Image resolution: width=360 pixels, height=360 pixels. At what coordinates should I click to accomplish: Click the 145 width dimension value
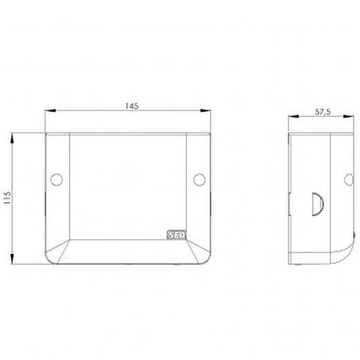pyautogui.click(x=132, y=106)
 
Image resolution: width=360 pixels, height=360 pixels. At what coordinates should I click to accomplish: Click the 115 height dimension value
pyautogui.click(x=8, y=197)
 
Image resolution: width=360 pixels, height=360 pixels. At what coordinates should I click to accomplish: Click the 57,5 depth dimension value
pyautogui.click(x=323, y=112)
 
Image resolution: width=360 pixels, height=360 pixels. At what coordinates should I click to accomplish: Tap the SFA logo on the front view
pyautogui.click(x=177, y=235)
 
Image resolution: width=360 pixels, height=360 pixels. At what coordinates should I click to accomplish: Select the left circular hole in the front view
pyautogui.click(x=57, y=179)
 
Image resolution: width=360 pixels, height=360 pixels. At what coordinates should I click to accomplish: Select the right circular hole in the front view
pyautogui.click(x=199, y=179)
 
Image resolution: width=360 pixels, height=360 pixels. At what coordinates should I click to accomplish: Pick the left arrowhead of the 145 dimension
pyautogui.click(x=51, y=111)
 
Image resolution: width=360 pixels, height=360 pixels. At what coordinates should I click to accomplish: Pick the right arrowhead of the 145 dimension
pyautogui.click(x=206, y=111)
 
